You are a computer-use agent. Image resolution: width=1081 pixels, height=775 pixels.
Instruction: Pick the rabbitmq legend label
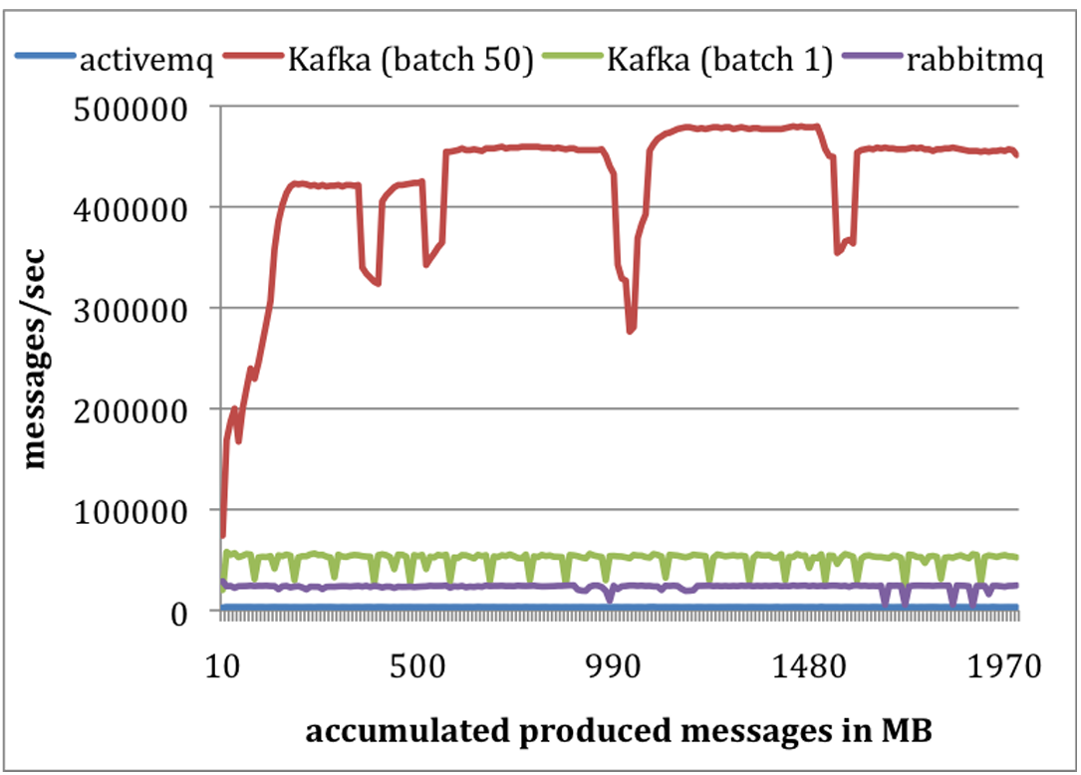pos(960,63)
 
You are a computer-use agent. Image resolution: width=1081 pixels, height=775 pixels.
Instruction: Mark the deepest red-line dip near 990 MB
pos(629,331)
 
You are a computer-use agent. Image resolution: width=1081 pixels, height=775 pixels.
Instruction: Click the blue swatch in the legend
pos(51,63)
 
